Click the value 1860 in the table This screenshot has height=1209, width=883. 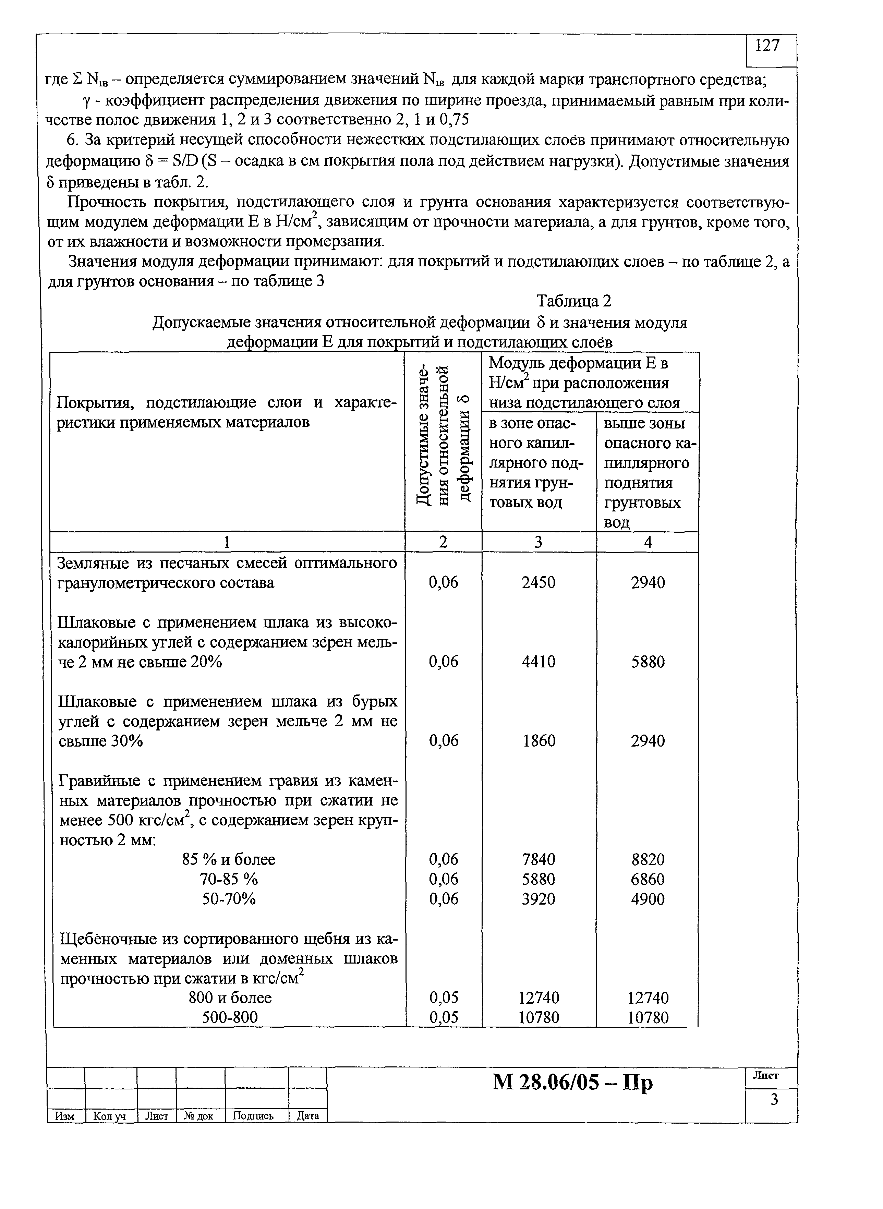[x=539, y=741]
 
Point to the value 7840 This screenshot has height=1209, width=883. [x=538, y=859]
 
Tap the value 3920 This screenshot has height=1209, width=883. [x=538, y=899]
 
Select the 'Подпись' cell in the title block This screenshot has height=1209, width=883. [x=256, y=1116]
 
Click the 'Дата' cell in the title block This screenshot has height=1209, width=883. [x=307, y=1116]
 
